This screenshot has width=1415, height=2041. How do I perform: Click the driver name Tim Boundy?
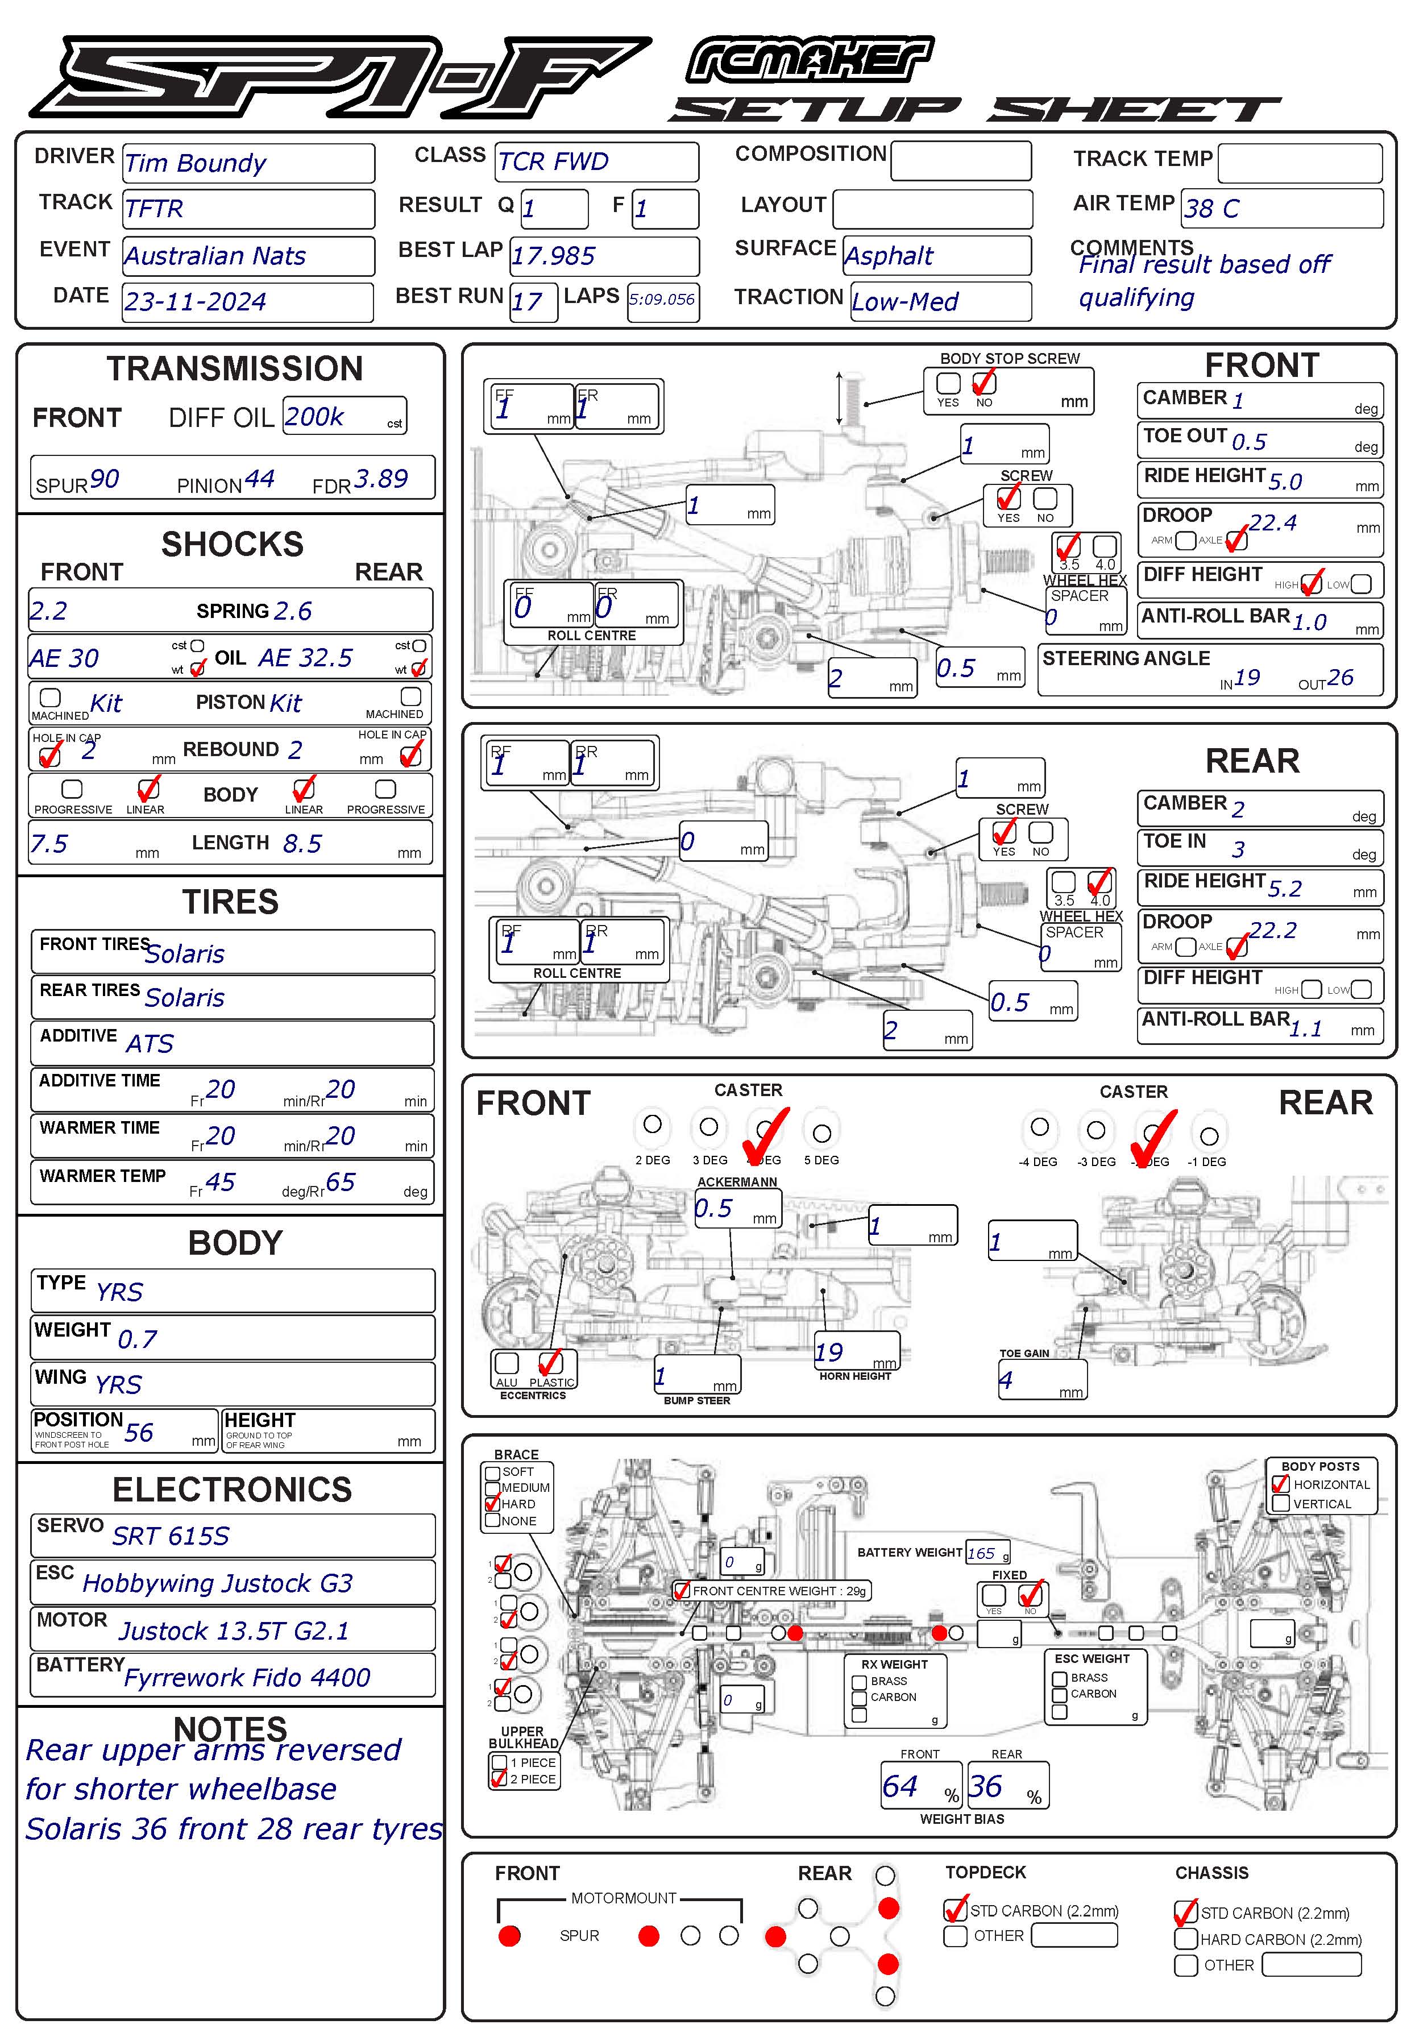(195, 163)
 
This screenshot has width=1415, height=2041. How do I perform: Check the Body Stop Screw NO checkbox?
(984, 383)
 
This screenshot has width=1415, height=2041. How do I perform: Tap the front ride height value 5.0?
(1285, 482)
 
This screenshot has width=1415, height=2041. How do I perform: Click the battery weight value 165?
(981, 1553)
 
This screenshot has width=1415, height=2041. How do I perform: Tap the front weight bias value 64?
(900, 1786)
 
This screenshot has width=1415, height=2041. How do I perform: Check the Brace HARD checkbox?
(493, 1504)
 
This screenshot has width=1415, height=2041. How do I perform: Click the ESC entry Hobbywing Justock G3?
(217, 1583)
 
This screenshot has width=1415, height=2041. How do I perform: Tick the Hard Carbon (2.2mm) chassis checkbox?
(1185, 1939)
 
